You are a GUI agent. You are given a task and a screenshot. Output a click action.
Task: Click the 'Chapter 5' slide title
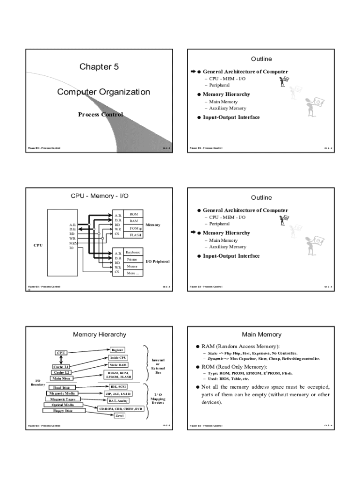(99, 67)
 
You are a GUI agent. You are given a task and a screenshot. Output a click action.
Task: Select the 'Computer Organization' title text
(103, 92)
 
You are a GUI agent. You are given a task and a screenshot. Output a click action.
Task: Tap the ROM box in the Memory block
(134, 214)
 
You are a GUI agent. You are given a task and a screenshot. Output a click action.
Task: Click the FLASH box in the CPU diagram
(135, 235)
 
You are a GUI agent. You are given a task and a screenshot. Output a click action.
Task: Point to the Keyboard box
(133, 252)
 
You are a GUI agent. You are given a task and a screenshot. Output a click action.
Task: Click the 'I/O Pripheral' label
(158, 261)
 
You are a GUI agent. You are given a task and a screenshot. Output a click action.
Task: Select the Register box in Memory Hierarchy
(117, 349)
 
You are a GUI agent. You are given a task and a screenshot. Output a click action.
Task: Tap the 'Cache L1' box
(61, 367)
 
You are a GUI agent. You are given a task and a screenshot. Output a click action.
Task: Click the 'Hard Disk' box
(61, 387)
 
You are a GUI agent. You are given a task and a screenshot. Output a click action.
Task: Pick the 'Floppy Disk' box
(63, 411)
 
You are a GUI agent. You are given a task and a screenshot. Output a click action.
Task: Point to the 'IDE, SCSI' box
(117, 386)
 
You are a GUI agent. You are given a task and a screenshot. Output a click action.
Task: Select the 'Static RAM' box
(118, 364)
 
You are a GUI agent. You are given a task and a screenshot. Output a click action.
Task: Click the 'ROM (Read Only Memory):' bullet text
(234, 367)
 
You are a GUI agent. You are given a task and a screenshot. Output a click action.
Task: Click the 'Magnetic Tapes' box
(63, 399)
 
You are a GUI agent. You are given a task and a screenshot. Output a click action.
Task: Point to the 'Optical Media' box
(63, 405)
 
